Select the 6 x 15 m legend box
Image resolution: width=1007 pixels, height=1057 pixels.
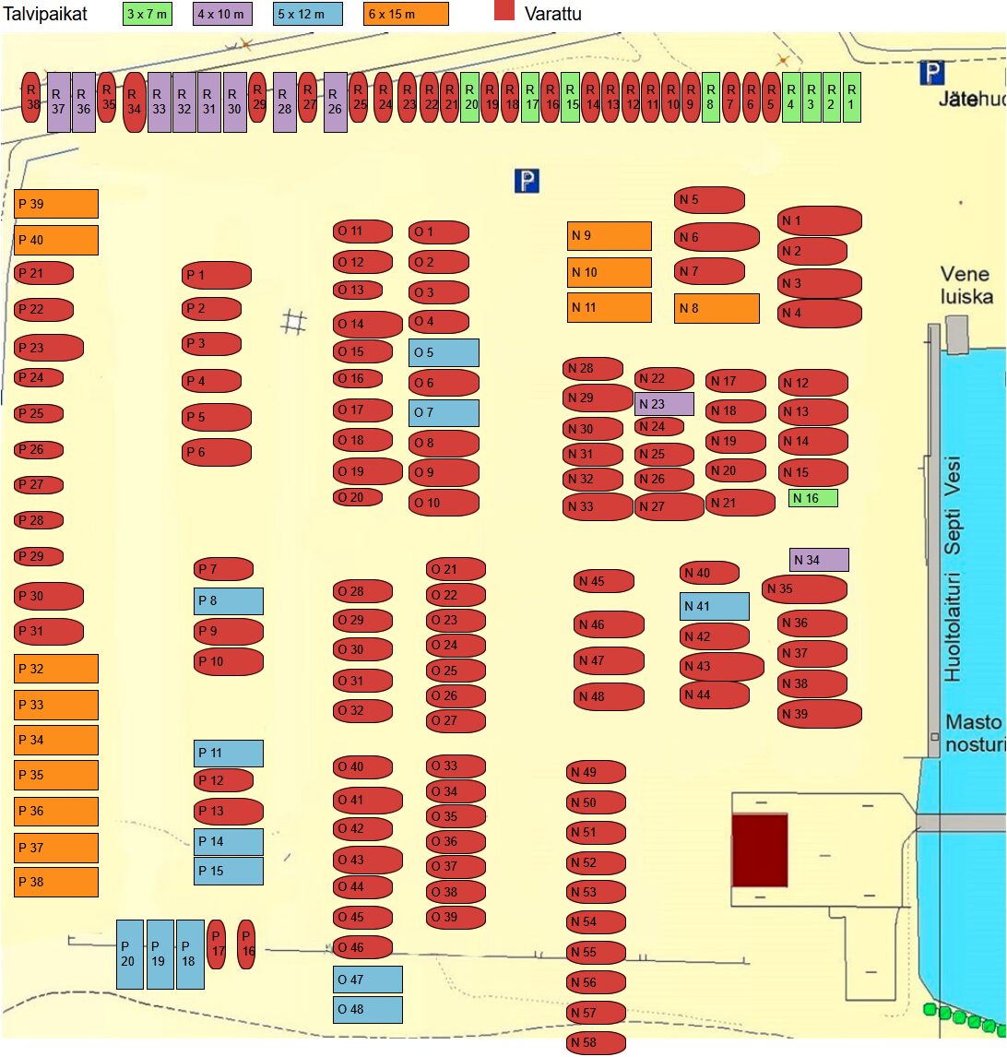pos(406,14)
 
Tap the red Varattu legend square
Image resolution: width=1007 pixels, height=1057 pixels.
pos(504,11)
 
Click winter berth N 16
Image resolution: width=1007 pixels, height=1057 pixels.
pos(813,498)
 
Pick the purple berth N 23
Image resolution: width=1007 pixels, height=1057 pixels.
pos(664,404)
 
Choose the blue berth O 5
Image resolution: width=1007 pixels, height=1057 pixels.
pos(444,352)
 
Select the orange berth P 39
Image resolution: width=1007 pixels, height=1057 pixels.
pos(56,204)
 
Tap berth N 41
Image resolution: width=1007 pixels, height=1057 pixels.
pos(715,606)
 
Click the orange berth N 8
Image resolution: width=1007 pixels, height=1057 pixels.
pos(717,308)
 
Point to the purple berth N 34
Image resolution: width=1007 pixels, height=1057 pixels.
pos(819,560)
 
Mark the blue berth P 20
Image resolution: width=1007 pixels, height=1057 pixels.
pos(129,954)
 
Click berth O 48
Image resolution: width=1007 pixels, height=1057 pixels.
pos(368,1009)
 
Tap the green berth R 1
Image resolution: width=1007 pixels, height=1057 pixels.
pos(852,96)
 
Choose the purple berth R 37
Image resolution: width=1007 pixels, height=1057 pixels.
pos(58,101)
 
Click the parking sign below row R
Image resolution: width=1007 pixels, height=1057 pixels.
pos(527,181)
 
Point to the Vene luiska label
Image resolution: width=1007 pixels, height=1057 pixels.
pos(966,285)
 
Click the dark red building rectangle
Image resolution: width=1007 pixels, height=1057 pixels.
pos(760,849)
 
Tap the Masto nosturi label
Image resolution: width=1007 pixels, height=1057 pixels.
pos(975,733)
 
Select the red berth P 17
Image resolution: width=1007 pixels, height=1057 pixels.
pos(217,944)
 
